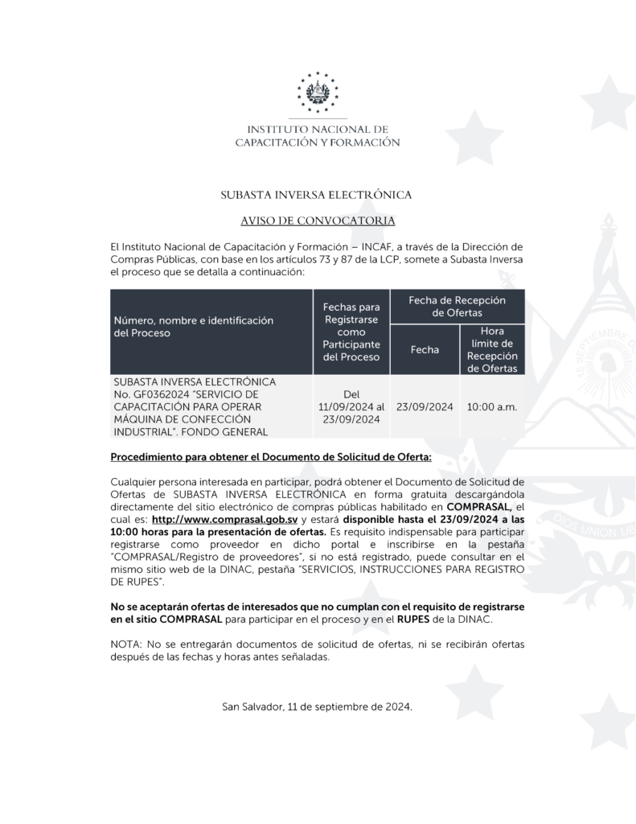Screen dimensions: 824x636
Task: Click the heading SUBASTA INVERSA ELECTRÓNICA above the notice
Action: pyautogui.click(x=317, y=195)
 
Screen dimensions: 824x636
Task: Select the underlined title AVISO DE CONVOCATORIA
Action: pyautogui.click(x=317, y=220)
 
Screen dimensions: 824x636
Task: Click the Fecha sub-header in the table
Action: pyautogui.click(x=425, y=350)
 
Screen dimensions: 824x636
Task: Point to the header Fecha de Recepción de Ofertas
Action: pyautogui.click(x=457, y=306)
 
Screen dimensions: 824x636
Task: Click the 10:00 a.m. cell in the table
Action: pyautogui.click(x=492, y=407)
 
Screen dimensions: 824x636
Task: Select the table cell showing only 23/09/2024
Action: pyautogui.click(x=425, y=407)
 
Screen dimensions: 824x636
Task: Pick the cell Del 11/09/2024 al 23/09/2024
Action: pyautogui.click(x=351, y=407)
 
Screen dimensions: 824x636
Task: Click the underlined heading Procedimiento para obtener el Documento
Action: pyautogui.click(x=270, y=457)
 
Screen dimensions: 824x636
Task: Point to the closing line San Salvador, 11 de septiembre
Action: pyautogui.click(x=317, y=707)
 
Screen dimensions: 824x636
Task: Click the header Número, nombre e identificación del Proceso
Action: pyautogui.click(x=193, y=326)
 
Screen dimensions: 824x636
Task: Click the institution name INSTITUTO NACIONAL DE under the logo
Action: pyautogui.click(x=317, y=129)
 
